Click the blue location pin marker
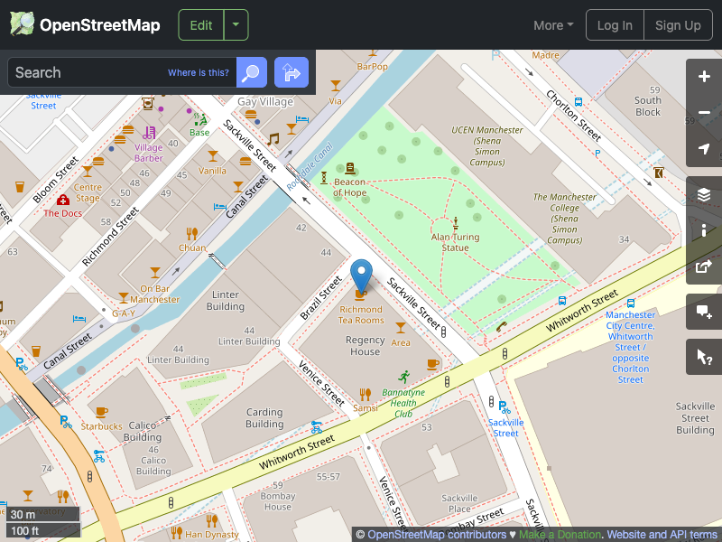[361, 275]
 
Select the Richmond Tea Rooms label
[361, 314]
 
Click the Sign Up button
[678, 25]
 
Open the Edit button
[201, 25]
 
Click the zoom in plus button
[704, 77]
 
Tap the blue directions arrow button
[292, 72]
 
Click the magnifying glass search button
[252, 72]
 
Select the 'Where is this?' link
[199, 73]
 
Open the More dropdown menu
[553, 25]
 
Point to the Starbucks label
[101, 426]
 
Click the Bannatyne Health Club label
[410, 403]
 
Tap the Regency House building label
[366, 346]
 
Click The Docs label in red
[63, 213]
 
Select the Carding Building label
[264, 418]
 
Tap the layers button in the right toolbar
[704, 194]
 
